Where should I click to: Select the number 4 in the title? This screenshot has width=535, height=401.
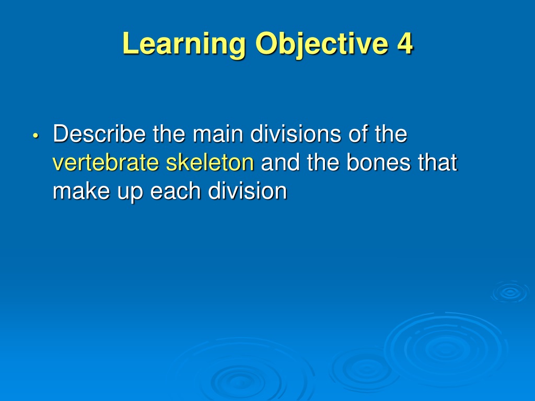coord(405,43)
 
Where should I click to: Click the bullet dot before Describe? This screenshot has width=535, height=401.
coord(36,136)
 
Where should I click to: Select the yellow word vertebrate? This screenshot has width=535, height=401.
coord(106,162)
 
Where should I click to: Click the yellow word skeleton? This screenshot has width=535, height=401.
coord(210,162)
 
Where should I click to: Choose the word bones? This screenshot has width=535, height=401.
coord(378,162)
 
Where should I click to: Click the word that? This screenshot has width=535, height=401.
coord(437,162)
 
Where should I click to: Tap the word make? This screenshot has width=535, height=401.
coord(82,191)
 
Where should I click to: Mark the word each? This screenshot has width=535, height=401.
coord(176,191)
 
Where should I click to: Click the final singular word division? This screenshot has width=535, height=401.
coord(247,191)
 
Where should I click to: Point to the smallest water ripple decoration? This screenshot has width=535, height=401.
coord(510,292)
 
